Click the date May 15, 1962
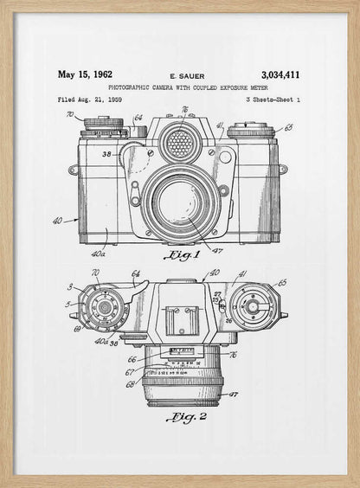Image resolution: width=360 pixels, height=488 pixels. [x=85, y=74]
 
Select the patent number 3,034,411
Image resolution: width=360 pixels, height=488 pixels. [x=280, y=75]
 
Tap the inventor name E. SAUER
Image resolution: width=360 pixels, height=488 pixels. [x=188, y=76]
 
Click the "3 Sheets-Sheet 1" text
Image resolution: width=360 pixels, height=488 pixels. [x=273, y=100]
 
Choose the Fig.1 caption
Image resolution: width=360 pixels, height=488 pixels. [x=183, y=255]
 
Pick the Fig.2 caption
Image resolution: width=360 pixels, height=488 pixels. [x=187, y=417]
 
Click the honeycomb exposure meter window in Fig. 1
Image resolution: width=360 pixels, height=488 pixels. [x=179, y=144]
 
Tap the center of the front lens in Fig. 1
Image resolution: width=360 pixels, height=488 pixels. [x=181, y=203]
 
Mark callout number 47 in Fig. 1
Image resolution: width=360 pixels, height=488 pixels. [x=217, y=250]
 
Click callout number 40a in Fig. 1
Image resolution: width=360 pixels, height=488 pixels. [x=99, y=254]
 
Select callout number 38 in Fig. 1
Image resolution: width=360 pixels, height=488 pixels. [x=106, y=154]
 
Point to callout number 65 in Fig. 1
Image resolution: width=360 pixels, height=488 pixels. [x=287, y=127]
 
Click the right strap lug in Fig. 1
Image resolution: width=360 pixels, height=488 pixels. [x=283, y=170]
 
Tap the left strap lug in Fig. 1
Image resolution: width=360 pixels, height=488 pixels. [x=73, y=170]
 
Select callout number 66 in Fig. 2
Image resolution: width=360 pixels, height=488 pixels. [x=132, y=359]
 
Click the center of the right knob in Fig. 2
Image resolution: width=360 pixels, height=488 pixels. [x=252, y=306]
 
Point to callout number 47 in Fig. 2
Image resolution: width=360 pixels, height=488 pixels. [x=233, y=394]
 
